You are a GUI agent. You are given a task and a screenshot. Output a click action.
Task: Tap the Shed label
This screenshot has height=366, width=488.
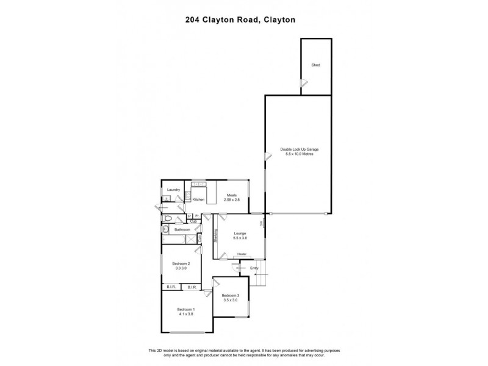(x=315, y=65)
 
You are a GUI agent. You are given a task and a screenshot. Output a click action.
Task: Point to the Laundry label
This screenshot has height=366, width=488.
(x=173, y=190)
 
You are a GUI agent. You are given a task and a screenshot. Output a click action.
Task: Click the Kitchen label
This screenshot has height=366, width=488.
(x=198, y=199)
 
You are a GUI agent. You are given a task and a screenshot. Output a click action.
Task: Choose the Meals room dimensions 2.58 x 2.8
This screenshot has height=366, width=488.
(x=232, y=199)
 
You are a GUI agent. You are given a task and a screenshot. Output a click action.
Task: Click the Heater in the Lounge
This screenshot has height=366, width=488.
(x=242, y=254)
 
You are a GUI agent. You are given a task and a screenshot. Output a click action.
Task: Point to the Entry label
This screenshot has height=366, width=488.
(x=254, y=268)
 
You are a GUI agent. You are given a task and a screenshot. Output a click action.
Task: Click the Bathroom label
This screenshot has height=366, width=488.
(x=182, y=229)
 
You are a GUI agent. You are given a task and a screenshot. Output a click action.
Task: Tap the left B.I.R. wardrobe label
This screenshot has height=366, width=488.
(x=171, y=287)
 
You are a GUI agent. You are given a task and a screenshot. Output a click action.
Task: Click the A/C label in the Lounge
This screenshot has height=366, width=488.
(x=261, y=224)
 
